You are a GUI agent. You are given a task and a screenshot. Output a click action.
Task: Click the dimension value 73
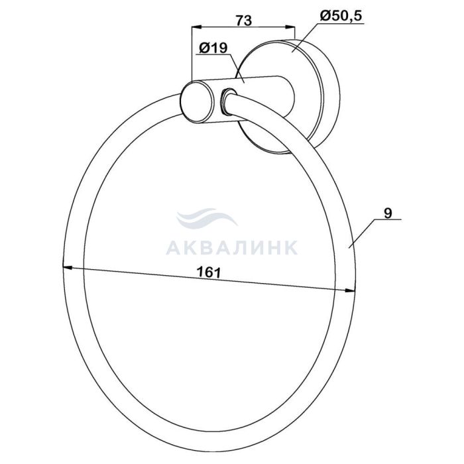point(244,21)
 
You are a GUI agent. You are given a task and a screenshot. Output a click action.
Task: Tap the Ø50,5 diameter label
point(341,16)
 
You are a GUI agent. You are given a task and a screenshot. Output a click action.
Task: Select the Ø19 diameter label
point(213,48)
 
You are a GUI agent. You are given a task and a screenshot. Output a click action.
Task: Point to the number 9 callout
point(388,213)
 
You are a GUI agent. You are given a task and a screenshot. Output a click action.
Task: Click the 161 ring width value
point(209,272)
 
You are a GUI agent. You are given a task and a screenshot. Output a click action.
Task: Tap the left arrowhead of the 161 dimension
point(68,268)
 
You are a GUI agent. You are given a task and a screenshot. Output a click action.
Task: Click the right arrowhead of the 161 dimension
point(350,291)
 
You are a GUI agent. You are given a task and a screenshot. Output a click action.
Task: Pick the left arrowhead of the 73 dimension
point(197,27)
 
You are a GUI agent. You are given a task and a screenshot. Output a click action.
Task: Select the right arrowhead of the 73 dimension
point(290,27)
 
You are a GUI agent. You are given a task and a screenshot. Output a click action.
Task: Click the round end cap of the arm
point(196,101)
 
